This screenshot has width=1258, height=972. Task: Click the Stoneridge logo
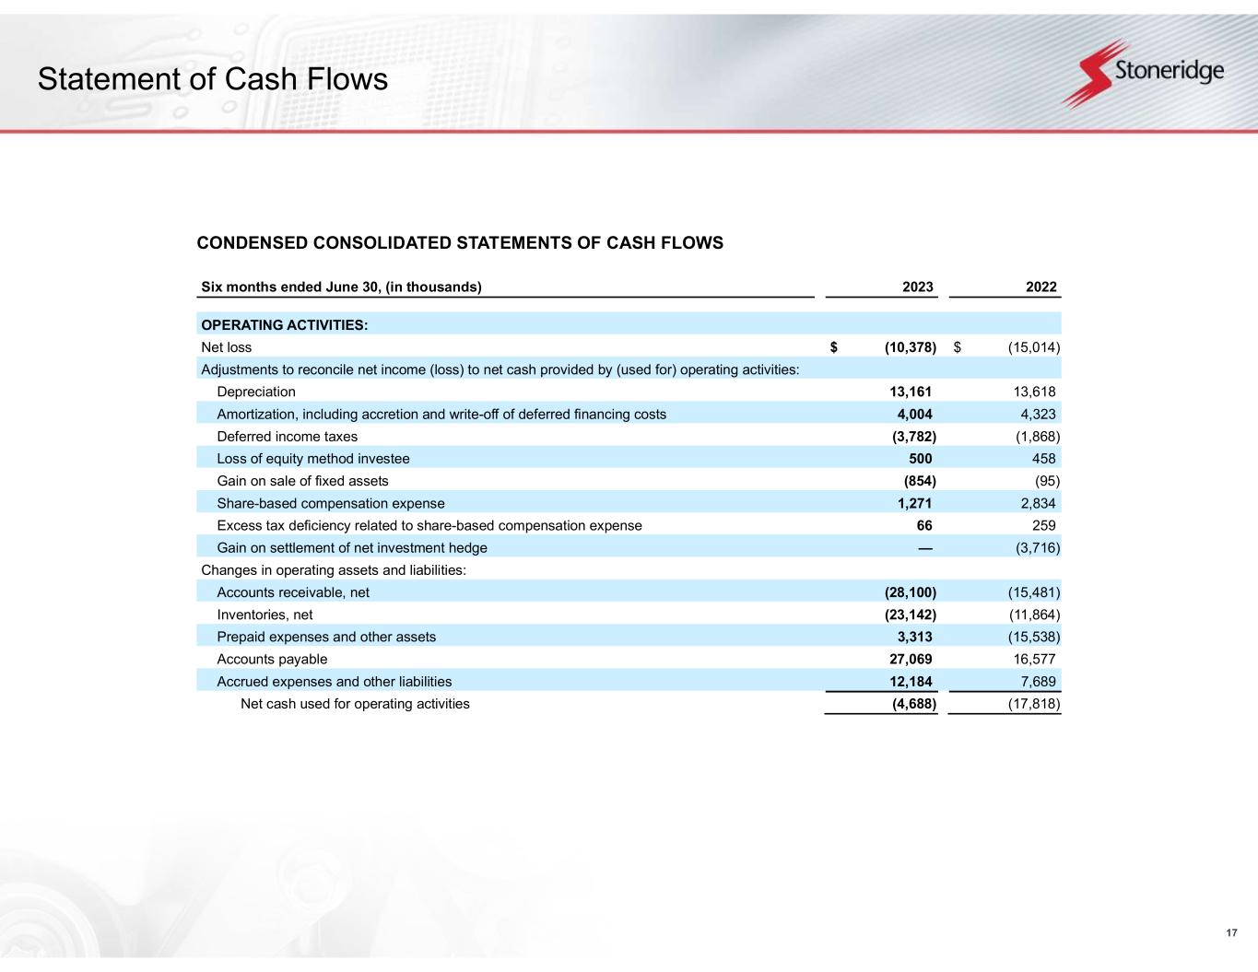[x=1143, y=73]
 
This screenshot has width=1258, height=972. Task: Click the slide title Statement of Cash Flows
[x=213, y=80]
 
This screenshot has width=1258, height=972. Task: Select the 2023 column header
[x=917, y=287]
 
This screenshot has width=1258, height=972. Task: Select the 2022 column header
[x=1040, y=287]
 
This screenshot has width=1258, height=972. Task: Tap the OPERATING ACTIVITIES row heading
[x=284, y=324]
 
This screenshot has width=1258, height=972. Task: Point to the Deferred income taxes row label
[x=287, y=437]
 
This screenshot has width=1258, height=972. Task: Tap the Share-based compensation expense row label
[x=330, y=503]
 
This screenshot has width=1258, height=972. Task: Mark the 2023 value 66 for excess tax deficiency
[x=923, y=525]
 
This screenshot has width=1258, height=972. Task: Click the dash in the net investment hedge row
[x=924, y=548]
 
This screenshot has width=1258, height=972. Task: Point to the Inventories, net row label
[x=265, y=615]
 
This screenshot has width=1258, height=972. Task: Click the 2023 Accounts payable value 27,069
[x=911, y=659]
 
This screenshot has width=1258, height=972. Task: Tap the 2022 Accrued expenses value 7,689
[x=1037, y=682]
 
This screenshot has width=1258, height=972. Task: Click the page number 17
[x=1231, y=934]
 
